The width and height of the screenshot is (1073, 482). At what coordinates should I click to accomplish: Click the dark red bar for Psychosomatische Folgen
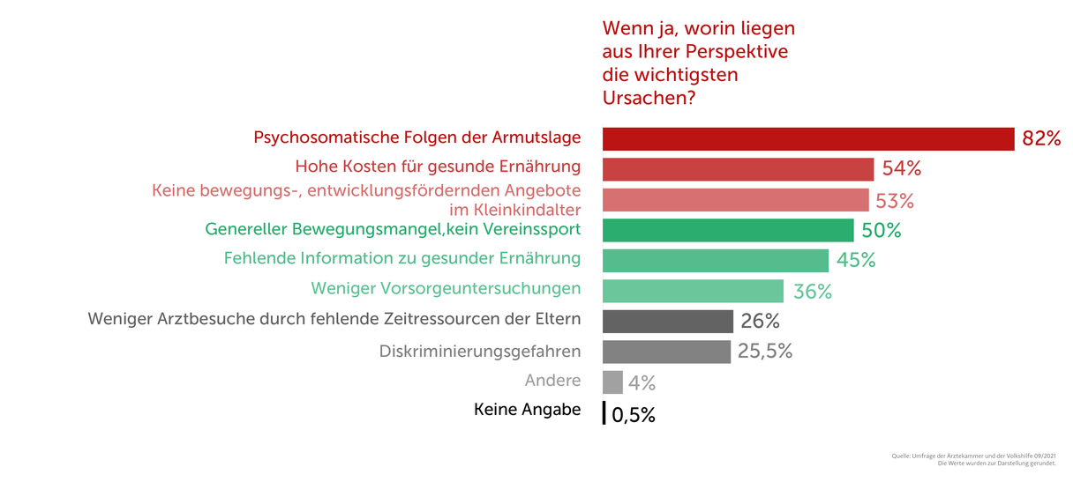(807, 139)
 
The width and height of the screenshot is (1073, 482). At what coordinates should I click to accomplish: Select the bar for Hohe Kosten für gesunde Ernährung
(738, 169)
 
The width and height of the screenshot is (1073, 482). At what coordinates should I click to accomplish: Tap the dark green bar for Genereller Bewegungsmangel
(728, 230)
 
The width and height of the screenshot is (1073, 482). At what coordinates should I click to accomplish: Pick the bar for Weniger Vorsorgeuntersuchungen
(693, 291)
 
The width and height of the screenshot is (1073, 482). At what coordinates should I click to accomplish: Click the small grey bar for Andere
(612, 382)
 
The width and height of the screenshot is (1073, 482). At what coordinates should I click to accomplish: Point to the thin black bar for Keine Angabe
(604, 413)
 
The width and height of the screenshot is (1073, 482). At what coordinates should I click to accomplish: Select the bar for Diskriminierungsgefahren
(667, 352)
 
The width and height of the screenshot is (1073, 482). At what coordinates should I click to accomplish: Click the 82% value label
(1040, 138)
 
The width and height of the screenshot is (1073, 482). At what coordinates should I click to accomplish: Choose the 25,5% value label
(765, 352)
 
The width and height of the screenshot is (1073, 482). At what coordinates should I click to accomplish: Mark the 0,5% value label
(633, 415)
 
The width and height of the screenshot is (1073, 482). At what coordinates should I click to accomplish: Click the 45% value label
(855, 261)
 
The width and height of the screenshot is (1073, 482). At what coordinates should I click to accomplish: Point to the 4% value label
(642, 383)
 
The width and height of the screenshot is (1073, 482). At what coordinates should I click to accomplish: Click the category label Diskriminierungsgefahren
(480, 352)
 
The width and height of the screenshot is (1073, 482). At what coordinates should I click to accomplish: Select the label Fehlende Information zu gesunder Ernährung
(402, 258)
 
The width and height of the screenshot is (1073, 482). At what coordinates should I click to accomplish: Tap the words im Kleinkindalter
(515, 210)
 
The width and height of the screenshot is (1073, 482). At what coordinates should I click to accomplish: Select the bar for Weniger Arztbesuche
(668, 321)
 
